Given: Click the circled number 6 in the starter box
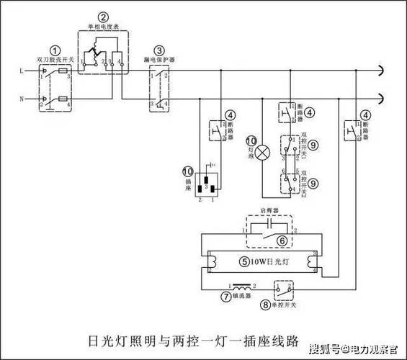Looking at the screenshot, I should point(282,240).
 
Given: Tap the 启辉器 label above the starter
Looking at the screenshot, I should point(268,214).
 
